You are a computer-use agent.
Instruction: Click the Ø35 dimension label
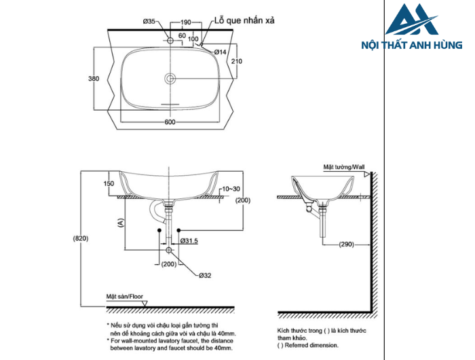click(150, 22)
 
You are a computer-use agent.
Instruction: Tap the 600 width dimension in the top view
click(170, 122)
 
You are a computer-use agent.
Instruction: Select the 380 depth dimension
click(94, 79)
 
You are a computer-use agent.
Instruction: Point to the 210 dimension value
click(236, 62)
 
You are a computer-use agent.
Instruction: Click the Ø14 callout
click(220, 52)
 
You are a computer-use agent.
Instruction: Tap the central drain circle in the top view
click(170, 77)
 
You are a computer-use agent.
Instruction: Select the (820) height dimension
click(81, 238)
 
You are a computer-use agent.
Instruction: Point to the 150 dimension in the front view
click(109, 183)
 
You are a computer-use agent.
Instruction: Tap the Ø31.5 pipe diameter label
click(189, 240)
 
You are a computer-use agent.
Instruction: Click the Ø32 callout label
click(205, 275)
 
